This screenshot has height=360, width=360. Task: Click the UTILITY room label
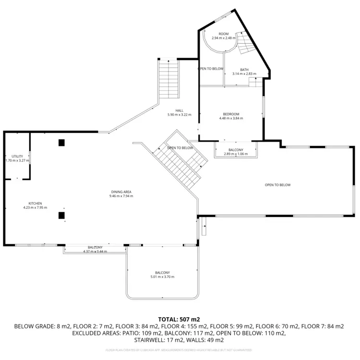pyautogui.click(x=17, y=156)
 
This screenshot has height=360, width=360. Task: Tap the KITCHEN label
pyautogui.click(x=35, y=204)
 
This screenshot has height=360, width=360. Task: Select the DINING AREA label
pyautogui.click(x=121, y=192)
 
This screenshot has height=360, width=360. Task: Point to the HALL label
pyautogui.click(x=179, y=111)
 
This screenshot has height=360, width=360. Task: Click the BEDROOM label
pyautogui.click(x=231, y=114)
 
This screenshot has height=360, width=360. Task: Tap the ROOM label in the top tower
pyautogui.click(x=223, y=34)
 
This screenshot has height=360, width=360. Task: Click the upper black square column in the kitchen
pyautogui.click(x=61, y=143)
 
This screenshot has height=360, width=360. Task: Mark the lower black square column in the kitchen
pyautogui.click(x=61, y=215)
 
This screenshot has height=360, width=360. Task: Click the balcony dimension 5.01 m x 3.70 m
pyautogui.click(x=162, y=277)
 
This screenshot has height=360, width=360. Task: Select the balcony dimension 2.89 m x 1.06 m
pyautogui.click(x=236, y=154)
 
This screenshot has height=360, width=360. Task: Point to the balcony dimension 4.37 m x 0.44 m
pyautogui.click(x=95, y=251)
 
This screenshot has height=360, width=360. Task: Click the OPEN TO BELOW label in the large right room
pyautogui.click(x=277, y=185)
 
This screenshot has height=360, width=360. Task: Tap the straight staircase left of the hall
pyautogui.click(x=168, y=79)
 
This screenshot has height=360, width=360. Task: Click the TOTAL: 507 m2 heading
pyautogui.click(x=179, y=319)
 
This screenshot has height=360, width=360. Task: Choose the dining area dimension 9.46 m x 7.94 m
pyautogui.click(x=121, y=196)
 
